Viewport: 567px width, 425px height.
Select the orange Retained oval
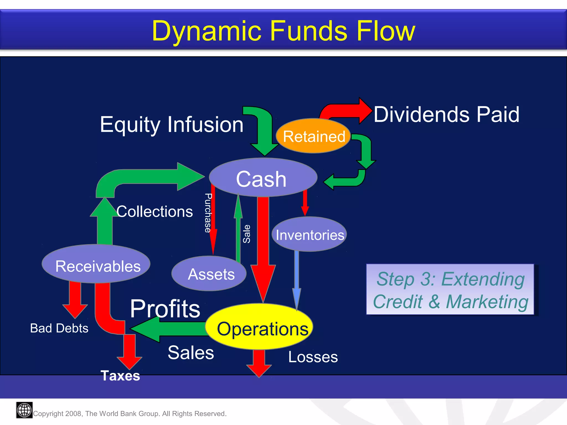pos(313,136)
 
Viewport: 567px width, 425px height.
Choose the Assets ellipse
pos(210,274)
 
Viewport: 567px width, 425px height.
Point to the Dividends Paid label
pos(446,114)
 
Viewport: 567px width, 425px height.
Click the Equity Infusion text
pos(171,125)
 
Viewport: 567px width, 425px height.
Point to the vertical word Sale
pos(246,234)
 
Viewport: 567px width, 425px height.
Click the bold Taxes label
pos(120,376)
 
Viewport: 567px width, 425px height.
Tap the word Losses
pos(313,357)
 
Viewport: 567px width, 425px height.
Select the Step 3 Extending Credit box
pos(450,289)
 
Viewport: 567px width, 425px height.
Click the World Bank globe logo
pos(24,410)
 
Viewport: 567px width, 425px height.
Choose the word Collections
pos(154,212)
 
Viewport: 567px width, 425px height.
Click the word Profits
pos(165,309)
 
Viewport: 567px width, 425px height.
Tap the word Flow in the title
pos(386,31)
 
